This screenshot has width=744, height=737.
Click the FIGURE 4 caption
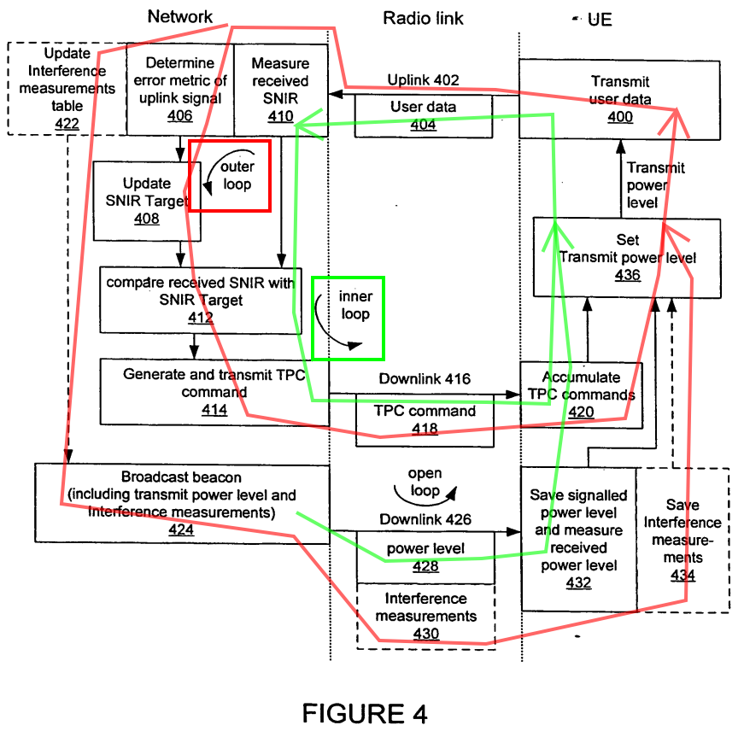point(365,714)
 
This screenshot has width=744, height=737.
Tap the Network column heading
point(180,16)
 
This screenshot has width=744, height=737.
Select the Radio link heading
point(423,19)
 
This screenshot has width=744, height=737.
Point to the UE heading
point(600,20)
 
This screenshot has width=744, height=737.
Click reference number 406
point(180,116)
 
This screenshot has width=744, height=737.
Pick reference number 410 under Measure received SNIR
point(280,116)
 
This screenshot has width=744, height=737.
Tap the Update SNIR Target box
point(147,201)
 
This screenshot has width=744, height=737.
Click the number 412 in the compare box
point(200,318)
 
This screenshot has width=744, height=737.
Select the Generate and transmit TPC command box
point(214,392)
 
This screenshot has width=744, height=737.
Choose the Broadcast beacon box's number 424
point(181,529)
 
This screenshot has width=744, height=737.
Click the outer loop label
point(237,175)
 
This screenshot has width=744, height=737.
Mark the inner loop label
point(355,305)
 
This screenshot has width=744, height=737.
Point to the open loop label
point(425,482)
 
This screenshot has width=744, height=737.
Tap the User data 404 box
point(424,116)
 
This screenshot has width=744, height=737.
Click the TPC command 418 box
point(425,420)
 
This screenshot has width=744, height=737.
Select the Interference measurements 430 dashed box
point(425,616)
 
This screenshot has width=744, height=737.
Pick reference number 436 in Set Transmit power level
point(627,275)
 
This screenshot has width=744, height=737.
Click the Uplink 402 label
point(423,80)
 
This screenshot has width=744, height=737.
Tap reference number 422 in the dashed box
point(67,124)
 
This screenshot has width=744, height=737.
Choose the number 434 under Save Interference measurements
point(682,576)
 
